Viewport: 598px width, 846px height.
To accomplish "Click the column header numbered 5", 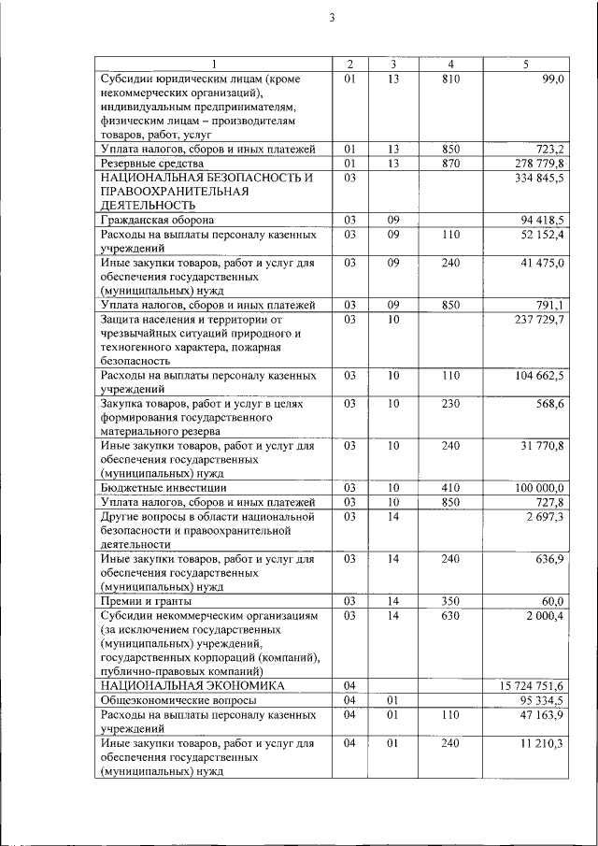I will point(527,64).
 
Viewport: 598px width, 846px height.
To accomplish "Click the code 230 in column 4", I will point(450,403).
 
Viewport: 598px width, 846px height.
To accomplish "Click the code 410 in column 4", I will point(450,488).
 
